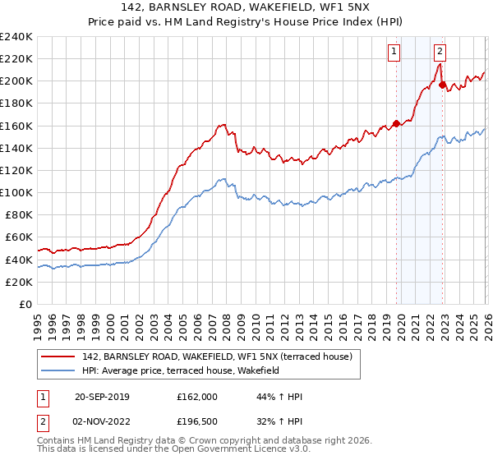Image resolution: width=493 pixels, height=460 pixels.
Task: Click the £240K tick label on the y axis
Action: (x=16, y=37)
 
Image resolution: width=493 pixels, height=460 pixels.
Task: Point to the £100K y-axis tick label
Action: (x=16, y=192)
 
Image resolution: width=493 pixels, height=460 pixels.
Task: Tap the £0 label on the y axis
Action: (x=25, y=304)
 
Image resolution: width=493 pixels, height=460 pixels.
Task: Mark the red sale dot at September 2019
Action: (x=396, y=123)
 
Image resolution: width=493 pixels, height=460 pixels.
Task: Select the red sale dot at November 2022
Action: (x=442, y=85)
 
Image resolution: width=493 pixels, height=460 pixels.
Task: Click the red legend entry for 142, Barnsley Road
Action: (x=217, y=356)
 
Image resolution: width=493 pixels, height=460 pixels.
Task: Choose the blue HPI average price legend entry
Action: (x=181, y=371)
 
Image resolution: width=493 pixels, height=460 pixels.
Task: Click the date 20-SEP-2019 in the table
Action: (x=101, y=397)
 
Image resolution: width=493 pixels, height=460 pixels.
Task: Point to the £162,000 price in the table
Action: (x=196, y=397)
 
